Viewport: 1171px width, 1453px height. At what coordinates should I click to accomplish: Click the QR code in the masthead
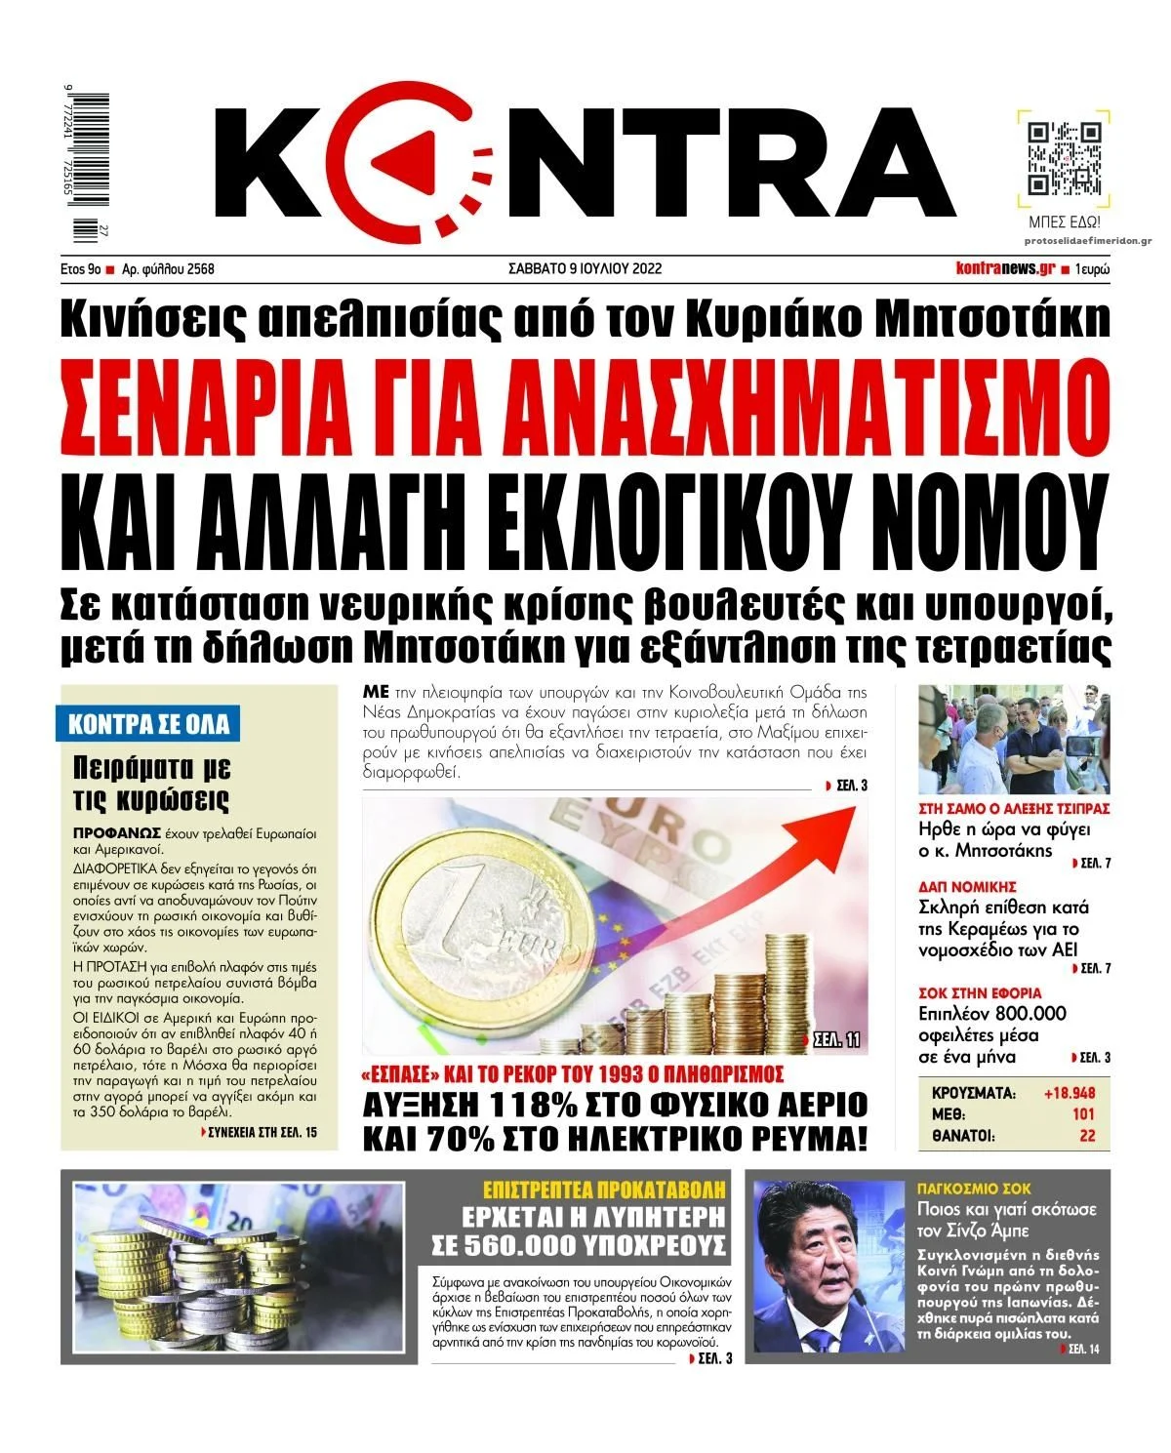[1065, 159]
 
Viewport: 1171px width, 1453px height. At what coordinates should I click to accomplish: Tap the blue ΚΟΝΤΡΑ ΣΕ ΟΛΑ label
[148, 724]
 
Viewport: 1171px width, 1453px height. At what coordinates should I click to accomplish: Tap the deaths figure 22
[1087, 1136]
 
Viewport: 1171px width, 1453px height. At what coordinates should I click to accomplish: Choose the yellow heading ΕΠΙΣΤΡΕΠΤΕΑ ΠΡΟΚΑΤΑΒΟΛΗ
[605, 1189]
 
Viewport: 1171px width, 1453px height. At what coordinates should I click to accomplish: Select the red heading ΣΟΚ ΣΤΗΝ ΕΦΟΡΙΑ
[980, 993]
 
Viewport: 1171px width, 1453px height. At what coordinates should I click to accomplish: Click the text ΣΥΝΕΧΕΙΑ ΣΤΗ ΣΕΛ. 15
[262, 1133]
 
